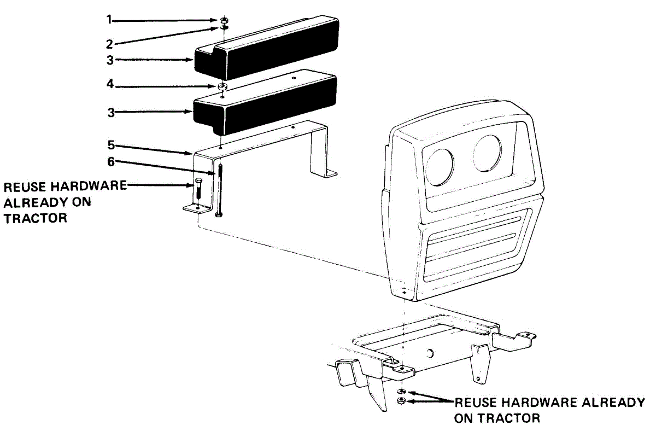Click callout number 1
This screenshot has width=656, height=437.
coord(109,20)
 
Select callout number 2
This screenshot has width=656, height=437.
coord(109,43)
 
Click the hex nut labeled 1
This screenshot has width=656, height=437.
coord(224,20)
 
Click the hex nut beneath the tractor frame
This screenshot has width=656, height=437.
coord(401,401)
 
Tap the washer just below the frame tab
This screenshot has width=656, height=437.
coord(401,392)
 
